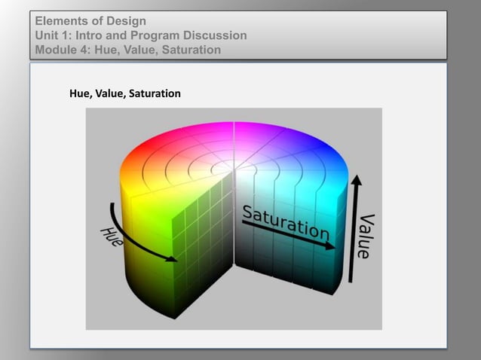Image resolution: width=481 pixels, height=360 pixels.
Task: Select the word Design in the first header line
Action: click(128, 20)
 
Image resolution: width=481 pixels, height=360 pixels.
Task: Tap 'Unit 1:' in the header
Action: click(54, 35)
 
